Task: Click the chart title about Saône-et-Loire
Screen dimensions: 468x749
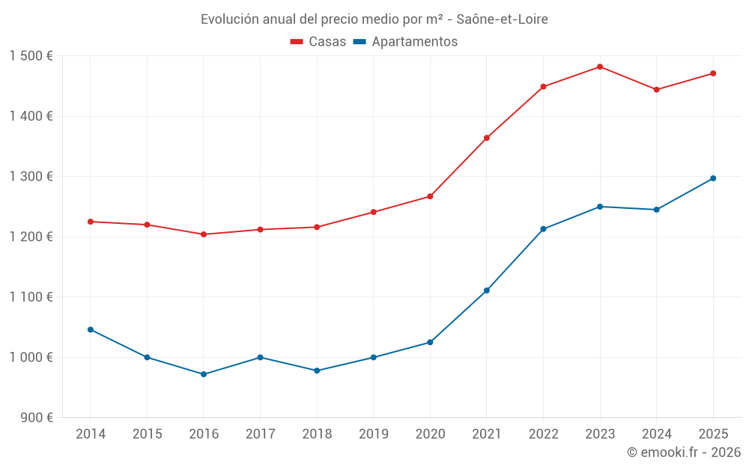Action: (374, 19)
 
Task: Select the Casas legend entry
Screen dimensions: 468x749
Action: (318, 42)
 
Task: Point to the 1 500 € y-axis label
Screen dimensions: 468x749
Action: (31, 56)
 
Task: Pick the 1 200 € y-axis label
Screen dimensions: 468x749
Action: (31, 237)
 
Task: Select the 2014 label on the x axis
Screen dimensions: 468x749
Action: (91, 434)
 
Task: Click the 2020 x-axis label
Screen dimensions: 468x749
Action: (430, 434)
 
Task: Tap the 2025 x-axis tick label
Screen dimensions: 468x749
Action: (713, 434)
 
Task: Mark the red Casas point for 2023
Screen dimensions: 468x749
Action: (600, 67)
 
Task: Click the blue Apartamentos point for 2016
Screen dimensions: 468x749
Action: (204, 374)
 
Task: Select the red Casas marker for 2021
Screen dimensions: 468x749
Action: (487, 138)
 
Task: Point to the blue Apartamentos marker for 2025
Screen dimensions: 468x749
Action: (713, 178)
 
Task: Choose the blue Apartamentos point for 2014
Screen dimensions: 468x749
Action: (91, 329)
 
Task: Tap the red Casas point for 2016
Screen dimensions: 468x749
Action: (204, 234)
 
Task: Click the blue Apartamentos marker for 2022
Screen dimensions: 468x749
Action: (544, 229)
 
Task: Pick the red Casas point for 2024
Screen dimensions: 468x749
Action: (657, 90)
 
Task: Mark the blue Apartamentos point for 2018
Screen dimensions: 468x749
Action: (317, 371)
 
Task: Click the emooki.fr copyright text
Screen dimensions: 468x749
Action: (683, 452)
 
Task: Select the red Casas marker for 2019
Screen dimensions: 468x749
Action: (374, 212)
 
